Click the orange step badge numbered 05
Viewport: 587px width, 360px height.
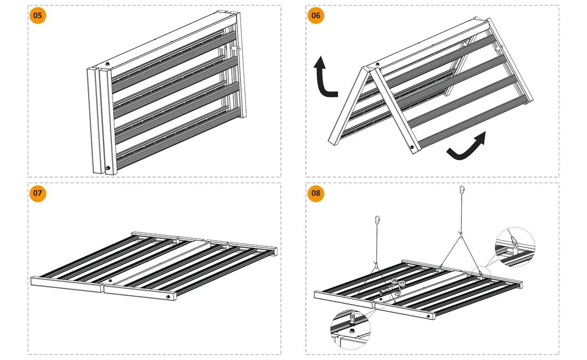click(37, 15)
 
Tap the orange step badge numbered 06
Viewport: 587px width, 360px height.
click(315, 15)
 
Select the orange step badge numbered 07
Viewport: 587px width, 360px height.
click(37, 193)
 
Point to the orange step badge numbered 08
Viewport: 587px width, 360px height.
click(315, 193)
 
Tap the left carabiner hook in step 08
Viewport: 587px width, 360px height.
click(377, 220)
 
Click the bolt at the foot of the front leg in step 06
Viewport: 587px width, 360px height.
click(411, 148)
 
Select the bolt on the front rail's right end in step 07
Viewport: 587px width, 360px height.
click(167, 298)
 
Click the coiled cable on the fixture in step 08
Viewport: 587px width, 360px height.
click(397, 284)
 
